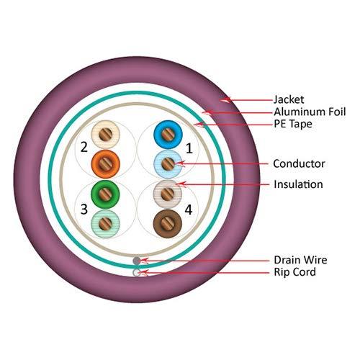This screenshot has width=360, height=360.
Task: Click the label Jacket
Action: (x=289, y=99)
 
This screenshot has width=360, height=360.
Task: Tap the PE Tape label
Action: (x=292, y=125)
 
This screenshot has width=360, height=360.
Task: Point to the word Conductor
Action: (x=299, y=163)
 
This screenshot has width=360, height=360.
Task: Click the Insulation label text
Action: (x=299, y=185)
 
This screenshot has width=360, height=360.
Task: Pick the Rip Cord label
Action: (x=294, y=273)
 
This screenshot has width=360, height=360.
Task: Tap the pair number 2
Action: (x=84, y=148)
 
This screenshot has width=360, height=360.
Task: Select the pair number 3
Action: (x=84, y=210)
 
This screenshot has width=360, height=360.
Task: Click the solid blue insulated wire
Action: (x=168, y=134)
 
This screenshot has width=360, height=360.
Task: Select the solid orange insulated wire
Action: (x=107, y=163)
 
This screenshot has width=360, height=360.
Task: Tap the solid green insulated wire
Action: (x=107, y=194)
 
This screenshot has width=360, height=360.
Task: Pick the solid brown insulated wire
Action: (x=168, y=222)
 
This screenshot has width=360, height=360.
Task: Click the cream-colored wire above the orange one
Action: (x=107, y=133)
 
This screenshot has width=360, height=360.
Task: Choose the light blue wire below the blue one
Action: (x=168, y=163)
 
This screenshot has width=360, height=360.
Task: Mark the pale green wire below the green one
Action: (x=107, y=223)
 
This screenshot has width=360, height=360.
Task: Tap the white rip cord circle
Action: (x=137, y=272)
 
